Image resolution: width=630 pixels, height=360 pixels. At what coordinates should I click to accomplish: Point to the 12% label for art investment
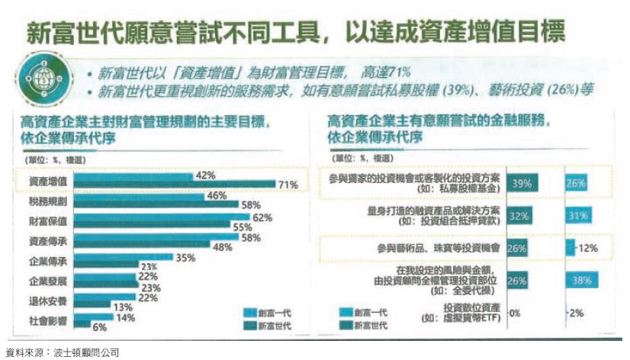click(587, 249)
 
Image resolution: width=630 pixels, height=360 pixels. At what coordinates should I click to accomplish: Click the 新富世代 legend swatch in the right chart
click(345, 326)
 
